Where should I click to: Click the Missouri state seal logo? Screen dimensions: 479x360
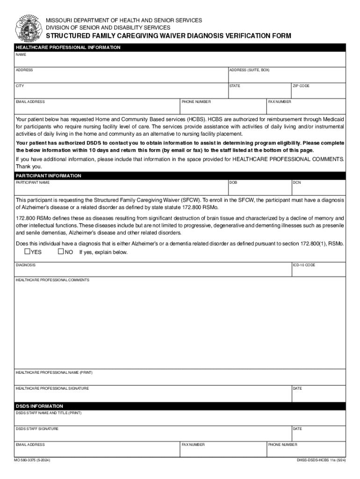click(x=28, y=29)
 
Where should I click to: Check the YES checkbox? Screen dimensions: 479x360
click(x=27, y=252)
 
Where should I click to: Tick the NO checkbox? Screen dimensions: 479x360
click(x=60, y=252)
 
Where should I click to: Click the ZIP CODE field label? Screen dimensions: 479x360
click(x=301, y=86)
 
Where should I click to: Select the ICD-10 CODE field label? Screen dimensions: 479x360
click(x=304, y=265)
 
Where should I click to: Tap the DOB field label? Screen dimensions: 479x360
click(x=233, y=182)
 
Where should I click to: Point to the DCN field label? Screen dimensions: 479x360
click(x=297, y=182)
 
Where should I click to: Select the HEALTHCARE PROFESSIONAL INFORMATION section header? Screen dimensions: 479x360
click(x=68, y=48)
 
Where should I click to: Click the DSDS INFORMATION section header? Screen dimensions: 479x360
click(x=39, y=406)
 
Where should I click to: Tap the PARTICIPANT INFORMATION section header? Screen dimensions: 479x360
click(x=49, y=176)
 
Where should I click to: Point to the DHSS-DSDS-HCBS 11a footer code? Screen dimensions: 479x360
click(x=321, y=461)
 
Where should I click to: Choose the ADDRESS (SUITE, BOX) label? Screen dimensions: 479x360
click(x=249, y=70)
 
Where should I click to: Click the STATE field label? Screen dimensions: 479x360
click(x=235, y=86)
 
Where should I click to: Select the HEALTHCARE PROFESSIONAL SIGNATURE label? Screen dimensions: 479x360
click(x=52, y=388)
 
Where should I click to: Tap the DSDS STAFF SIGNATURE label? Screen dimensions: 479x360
click(x=37, y=428)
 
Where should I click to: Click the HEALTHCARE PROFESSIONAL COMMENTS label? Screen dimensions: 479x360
click(x=52, y=280)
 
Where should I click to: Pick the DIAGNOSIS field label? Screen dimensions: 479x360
click(x=26, y=265)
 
